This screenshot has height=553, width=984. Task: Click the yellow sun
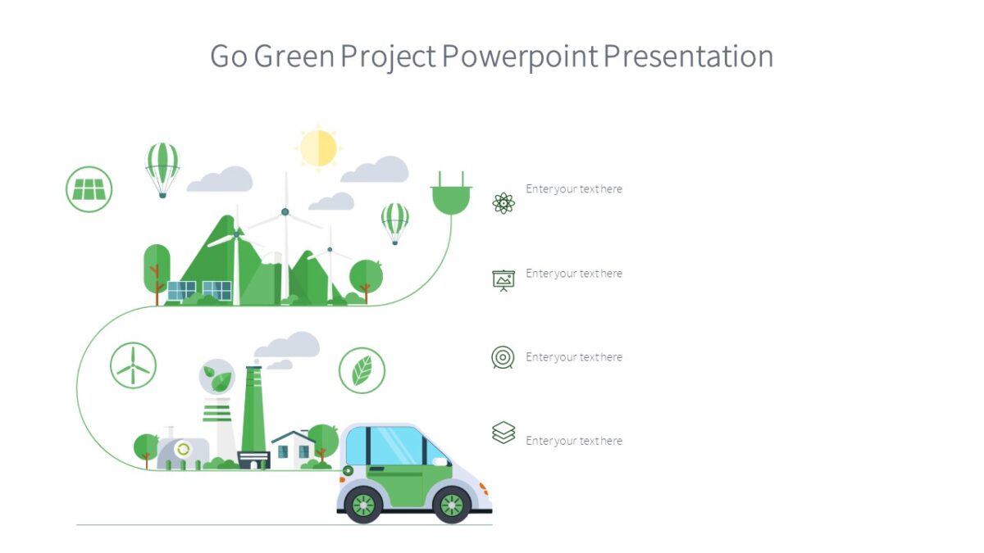[318, 147]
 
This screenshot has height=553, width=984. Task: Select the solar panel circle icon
[89, 189]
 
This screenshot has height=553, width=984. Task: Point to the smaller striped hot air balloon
[394, 220]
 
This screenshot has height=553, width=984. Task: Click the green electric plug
[451, 196]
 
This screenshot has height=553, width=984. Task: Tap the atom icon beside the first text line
[503, 202]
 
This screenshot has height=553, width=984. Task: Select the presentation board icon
[503, 280]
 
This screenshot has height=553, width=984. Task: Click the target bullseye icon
[503, 357]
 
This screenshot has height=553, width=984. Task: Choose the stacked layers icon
[503, 432]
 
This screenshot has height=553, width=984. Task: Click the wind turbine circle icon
[133, 365]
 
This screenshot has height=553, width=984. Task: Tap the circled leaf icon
[362, 370]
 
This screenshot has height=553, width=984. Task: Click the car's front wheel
[452, 505]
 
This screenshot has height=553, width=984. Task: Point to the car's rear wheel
[362, 505]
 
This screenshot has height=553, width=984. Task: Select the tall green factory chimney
[253, 418]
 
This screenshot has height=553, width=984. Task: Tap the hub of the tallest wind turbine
[285, 211]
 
